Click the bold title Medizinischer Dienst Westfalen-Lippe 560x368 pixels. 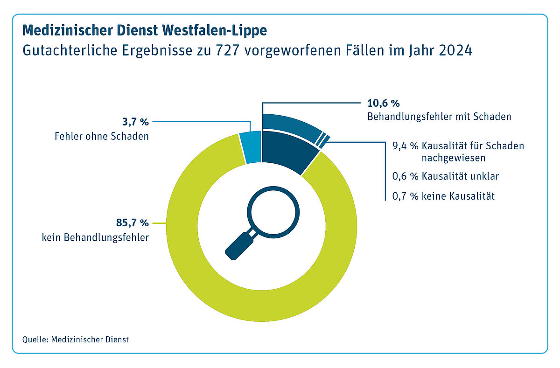(x=145, y=31)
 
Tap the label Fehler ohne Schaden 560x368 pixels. (x=101, y=137)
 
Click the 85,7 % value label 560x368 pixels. (x=132, y=222)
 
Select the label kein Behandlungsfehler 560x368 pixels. (x=95, y=237)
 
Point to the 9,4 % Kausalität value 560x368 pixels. (x=403, y=146)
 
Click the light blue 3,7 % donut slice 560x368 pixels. (x=251, y=147)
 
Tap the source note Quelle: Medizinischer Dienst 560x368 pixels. (x=75, y=340)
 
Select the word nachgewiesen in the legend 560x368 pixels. (x=454, y=158)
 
